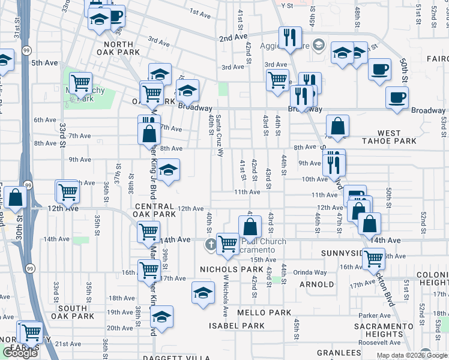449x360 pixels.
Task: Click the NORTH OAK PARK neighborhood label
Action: click(x=122, y=48)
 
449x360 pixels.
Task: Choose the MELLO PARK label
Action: click(x=264, y=313)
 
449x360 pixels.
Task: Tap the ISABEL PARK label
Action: click(x=237, y=326)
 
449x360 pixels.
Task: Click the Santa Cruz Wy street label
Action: click(x=220, y=136)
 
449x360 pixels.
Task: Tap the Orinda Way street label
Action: click(x=310, y=272)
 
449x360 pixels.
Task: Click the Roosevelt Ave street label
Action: click(x=379, y=342)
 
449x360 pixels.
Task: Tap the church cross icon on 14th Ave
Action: click(x=211, y=244)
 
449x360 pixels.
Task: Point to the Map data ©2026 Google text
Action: click(x=411, y=355)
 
